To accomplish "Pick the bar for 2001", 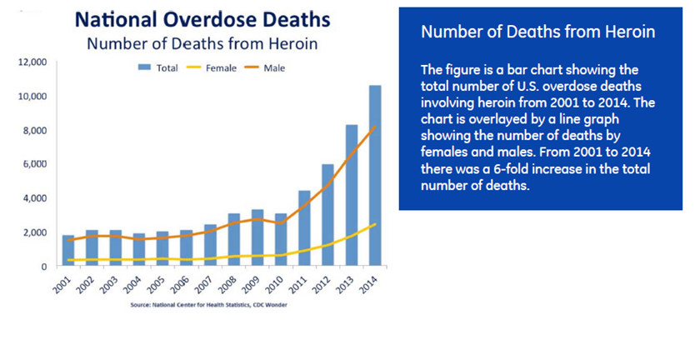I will click(x=67, y=251).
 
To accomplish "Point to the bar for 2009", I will click(x=257, y=238).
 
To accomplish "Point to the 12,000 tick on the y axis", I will click(x=34, y=62).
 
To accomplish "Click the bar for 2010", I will click(x=281, y=240).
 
